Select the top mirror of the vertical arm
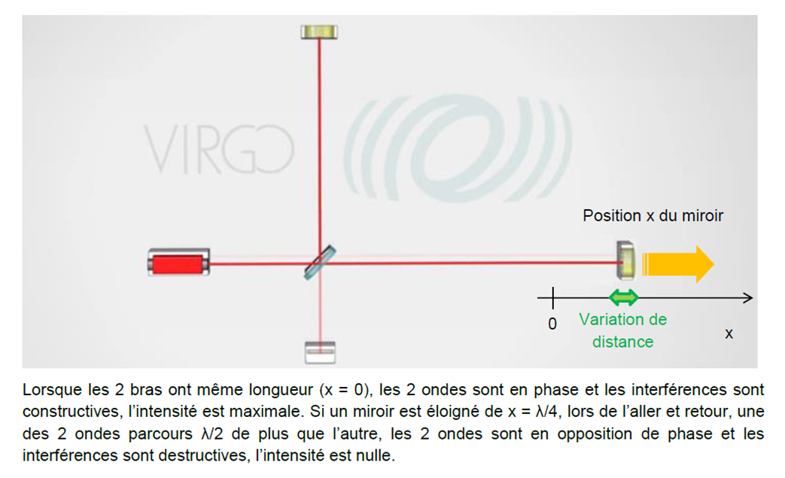319,32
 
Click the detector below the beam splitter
320,352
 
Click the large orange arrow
677,263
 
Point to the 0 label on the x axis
552,324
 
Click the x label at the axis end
729,333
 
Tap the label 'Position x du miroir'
653,216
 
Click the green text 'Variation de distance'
622,330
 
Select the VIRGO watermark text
218,149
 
